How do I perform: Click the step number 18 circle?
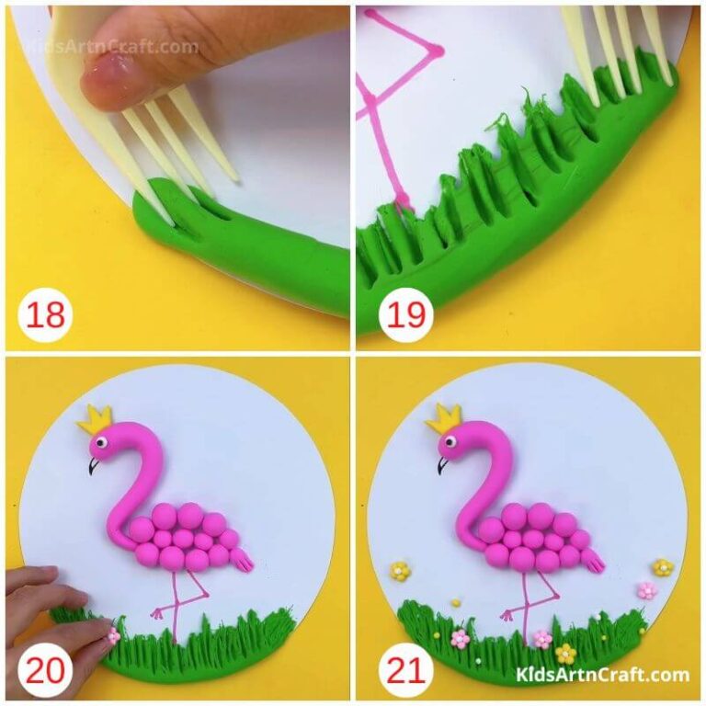pyautogui.click(x=45, y=315)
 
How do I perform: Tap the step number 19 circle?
pyautogui.click(x=405, y=315)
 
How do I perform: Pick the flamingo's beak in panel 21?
pyautogui.click(x=442, y=466)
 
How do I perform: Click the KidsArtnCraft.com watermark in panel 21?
pyautogui.click(x=603, y=676)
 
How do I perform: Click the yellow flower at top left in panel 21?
pyautogui.click(x=399, y=571)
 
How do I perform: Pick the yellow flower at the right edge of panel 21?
pyautogui.click(x=663, y=567)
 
